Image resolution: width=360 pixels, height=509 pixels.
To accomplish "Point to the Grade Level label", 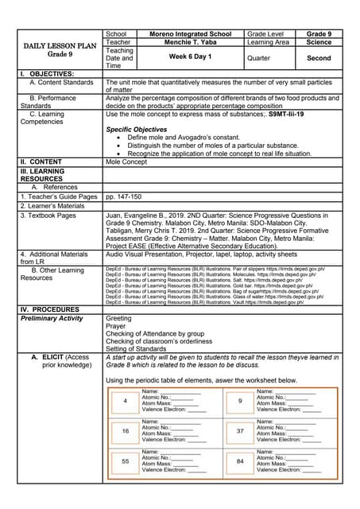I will (268, 34).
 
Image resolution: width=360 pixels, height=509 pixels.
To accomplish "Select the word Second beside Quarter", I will (319, 58).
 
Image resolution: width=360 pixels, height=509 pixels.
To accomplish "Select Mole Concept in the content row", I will (127, 161).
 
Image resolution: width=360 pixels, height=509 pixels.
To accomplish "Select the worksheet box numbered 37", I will (240, 430).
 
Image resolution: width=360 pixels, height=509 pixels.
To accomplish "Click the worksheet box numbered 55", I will (125, 460).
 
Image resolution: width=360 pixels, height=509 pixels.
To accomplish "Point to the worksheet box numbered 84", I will (240, 460).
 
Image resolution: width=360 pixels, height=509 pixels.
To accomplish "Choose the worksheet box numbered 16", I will (125, 430).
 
